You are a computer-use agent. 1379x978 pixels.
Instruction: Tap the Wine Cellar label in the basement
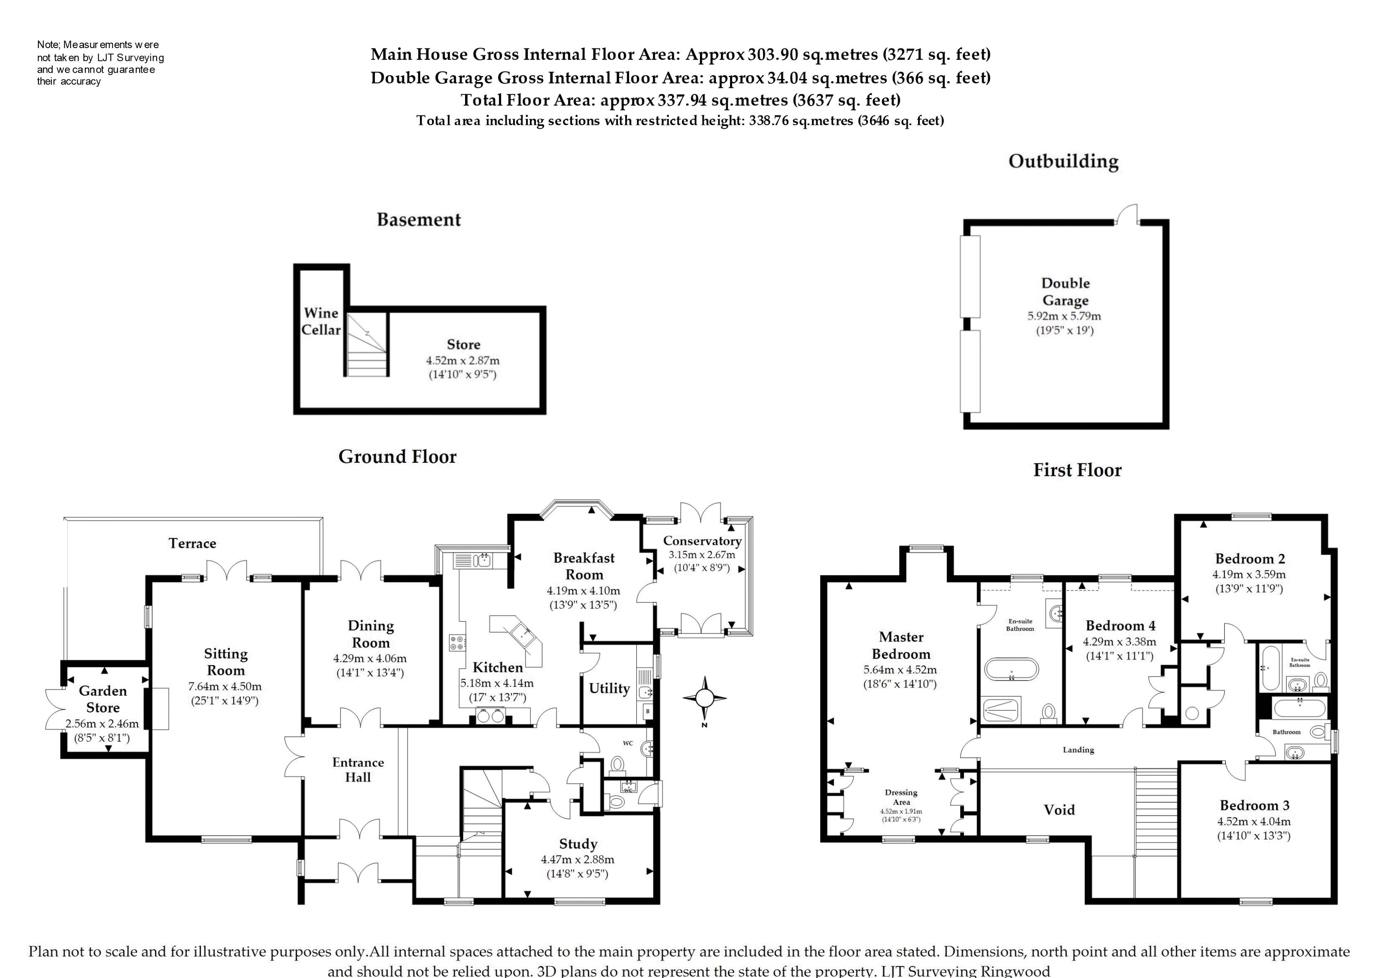pyautogui.click(x=321, y=322)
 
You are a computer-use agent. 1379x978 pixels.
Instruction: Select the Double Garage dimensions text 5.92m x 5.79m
pyautogui.click(x=1064, y=316)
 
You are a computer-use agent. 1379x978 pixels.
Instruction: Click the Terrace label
pyautogui.click(x=192, y=543)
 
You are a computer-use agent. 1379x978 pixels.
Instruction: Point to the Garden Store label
pyautogui.click(x=103, y=699)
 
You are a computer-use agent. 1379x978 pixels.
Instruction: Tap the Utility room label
pyautogui.click(x=609, y=688)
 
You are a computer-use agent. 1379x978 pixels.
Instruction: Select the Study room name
pyautogui.click(x=578, y=844)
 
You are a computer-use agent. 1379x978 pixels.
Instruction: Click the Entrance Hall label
pyautogui.click(x=358, y=770)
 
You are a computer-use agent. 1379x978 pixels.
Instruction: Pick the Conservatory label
pyautogui.click(x=702, y=541)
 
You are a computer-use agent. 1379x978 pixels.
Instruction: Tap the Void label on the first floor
pyautogui.click(x=1059, y=810)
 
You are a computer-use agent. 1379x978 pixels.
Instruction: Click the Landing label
pyautogui.click(x=1078, y=750)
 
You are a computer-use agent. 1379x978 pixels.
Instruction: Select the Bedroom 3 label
pyautogui.click(x=1254, y=805)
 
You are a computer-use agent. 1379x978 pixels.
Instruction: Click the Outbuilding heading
pyautogui.click(x=1064, y=161)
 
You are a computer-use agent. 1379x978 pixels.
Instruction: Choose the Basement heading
pyautogui.click(x=419, y=220)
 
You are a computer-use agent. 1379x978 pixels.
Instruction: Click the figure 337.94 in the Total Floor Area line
pyautogui.click(x=682, y=100)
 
